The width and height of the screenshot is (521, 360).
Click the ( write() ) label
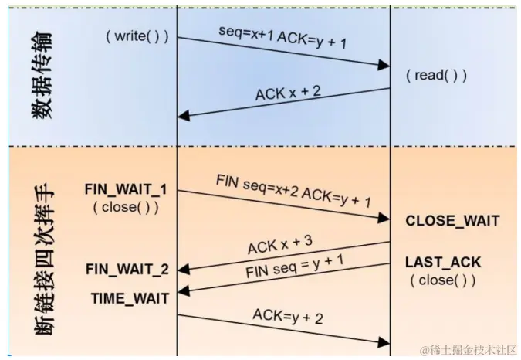point(137,36)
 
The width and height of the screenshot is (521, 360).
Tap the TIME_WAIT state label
point(129,296)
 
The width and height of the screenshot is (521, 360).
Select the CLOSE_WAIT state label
point(452,222)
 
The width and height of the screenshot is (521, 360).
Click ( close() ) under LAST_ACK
point(442,280)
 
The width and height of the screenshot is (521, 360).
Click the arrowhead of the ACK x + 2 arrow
point(183,116)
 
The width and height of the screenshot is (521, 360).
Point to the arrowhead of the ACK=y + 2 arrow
point(384,341)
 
